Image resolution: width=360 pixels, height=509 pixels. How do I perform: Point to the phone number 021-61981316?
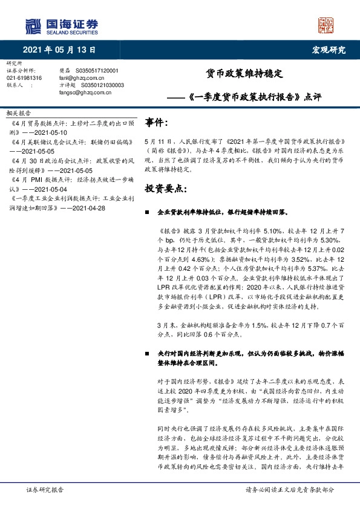tap(24, 78)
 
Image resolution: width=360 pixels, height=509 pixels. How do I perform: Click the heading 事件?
tap(157, 123)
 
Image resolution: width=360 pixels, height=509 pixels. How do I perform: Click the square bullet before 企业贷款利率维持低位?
tap(146, 213)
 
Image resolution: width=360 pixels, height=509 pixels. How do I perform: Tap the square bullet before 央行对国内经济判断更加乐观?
tap(146, 352)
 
